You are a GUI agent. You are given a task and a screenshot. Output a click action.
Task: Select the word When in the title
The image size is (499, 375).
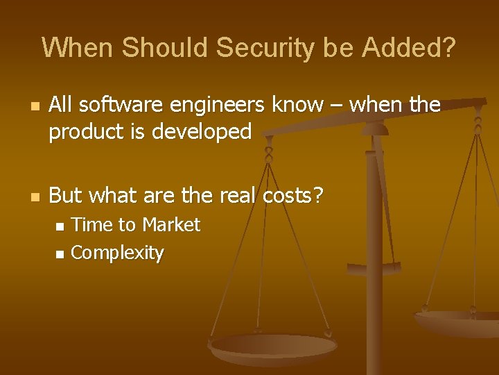pyautogui.click(x=77, y=48)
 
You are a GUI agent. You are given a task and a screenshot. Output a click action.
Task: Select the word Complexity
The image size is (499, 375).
pyautogui.click(x=117, y=253)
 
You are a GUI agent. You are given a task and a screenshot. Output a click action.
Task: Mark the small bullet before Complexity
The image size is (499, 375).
pyautogui.click(x=60, y=254)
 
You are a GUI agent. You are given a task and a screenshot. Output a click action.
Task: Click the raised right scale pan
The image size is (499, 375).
pyautogui.click(x=457, y=321)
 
